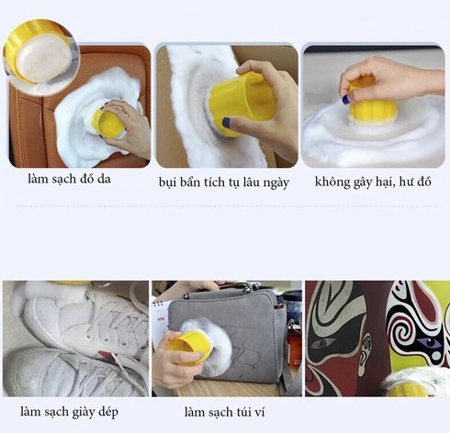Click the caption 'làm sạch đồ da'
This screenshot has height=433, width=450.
pyautogui.click(x=69, y=179)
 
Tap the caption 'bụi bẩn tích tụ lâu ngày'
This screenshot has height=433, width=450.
pyautogui.click(x=224, y=183)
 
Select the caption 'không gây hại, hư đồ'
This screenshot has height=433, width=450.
pyautogui.click(x=373, y=182)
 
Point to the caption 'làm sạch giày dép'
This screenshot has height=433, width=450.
pyautogui.click(x=69, y=412)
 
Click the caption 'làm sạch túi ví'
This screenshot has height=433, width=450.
pyautogui.click(x=224, y=412)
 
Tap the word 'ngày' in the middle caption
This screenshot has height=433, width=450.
pyautogui.click(x=276, y=183)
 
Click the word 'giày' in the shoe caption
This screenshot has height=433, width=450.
pyautogui.click(x=84, y=413)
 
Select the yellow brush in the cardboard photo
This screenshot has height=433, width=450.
pyautogui.click(x=242, y=104)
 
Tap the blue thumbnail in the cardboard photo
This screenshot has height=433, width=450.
pyautogui.click(x=226, y=123)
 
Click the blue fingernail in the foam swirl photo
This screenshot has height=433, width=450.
pyautogui.click(x=345, y=99)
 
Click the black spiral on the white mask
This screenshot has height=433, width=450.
pyautogui.click(x=403, y=332)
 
